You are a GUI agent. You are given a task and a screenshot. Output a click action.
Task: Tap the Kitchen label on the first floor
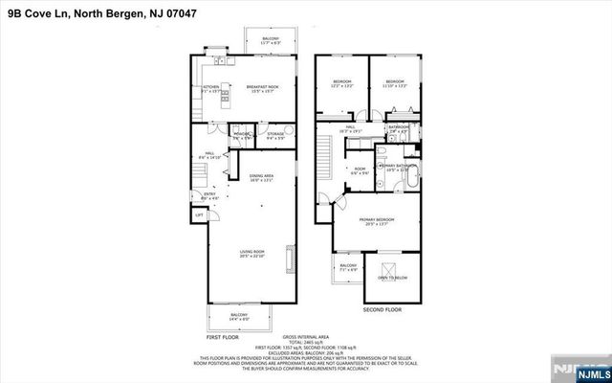pyautogui.click(x=211, y=89)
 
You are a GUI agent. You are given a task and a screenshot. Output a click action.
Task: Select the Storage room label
pyautogui.click(x=275, y=136)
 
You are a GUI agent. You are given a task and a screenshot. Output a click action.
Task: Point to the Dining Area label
pyautogui.click(x=261, y=178)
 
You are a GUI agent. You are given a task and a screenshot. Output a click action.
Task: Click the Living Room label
pyautogui.click(x=251, y=255)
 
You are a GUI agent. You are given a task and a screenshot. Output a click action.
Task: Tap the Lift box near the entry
pyautogui.click(x=200, y=215)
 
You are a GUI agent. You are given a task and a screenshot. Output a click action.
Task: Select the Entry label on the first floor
pyautogui.click(x=209, y=195)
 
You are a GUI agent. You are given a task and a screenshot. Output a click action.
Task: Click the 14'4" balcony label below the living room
pyautogui.click(x=239, y=317)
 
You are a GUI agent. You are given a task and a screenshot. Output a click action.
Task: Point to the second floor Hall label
pyautogui.click(x=350, y=128)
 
